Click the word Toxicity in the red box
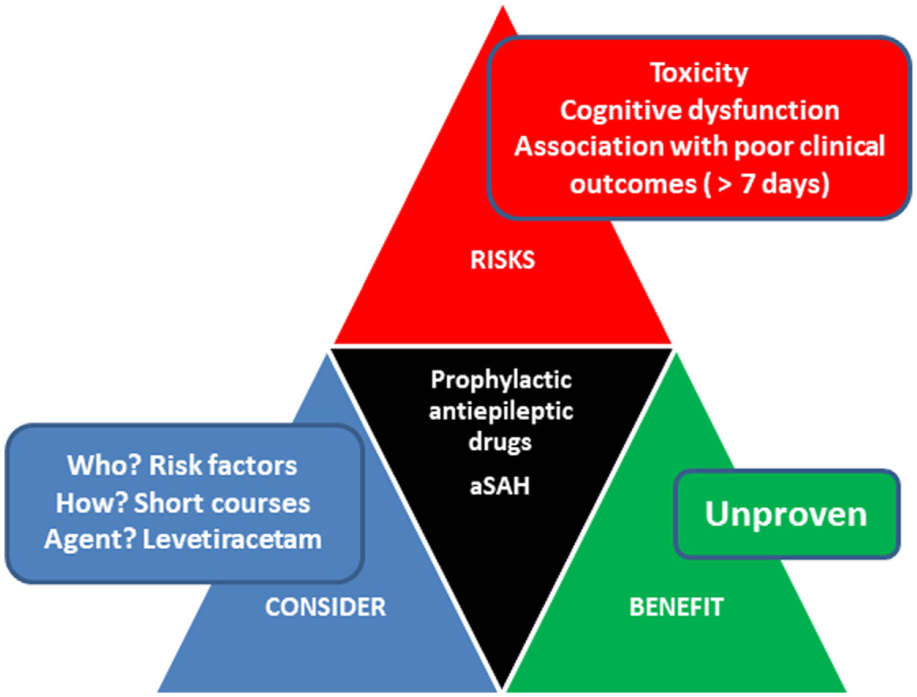point(699,73)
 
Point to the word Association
point(588,146)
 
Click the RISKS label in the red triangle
point(502,260)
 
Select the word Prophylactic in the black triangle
point(501,380)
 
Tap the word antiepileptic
point(501,411)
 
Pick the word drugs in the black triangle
point(500,442)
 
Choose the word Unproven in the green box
point(786,514)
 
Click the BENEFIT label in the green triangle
point(676,607)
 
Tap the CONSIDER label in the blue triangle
point(326,607)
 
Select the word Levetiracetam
point(232,540)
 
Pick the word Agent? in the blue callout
point(90,540)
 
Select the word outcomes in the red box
point(633,184)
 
